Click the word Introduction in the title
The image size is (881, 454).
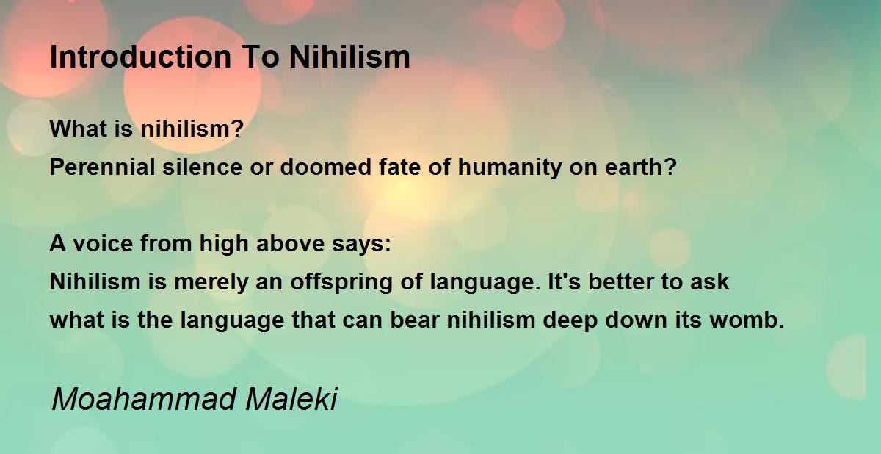click(140, 57)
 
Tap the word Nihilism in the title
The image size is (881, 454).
click(349, 57)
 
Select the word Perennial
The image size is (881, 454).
click(102, 167)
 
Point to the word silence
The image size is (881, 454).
click(203, 167)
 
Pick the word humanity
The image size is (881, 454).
click(510, 168)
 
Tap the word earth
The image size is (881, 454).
click(636, 167)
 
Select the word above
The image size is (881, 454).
click(290, 243)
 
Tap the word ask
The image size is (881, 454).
click(709, 281)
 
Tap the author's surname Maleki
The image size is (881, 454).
click(291, 400)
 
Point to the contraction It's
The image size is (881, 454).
click(565, 281)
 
